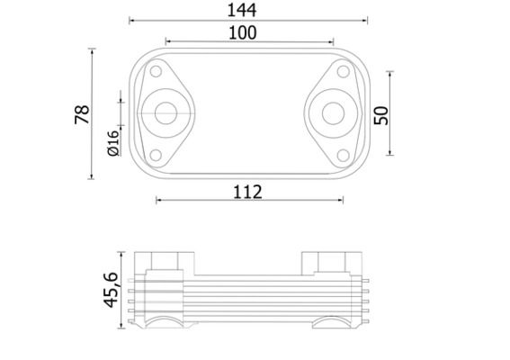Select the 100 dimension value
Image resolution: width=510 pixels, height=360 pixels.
pyautogui.click(x=243, y=32)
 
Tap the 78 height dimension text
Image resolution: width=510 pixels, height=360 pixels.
pyautogui.click(x=82, y=114)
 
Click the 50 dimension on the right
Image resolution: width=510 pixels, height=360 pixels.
pyautogui.click(x=381, y=114)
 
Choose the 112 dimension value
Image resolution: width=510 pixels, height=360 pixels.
pyautogui.click(x=246, y=191)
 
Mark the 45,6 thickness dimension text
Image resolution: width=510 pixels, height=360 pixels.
pyautogui.click(x=112, y=289)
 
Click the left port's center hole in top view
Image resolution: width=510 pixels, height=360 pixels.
pyautogui.click(x=165, y=113)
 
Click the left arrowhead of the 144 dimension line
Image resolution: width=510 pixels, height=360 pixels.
pyautogui.click(x=132, y=19)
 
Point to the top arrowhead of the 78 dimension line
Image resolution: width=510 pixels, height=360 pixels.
pyautogui.click(x=93, y=51)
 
